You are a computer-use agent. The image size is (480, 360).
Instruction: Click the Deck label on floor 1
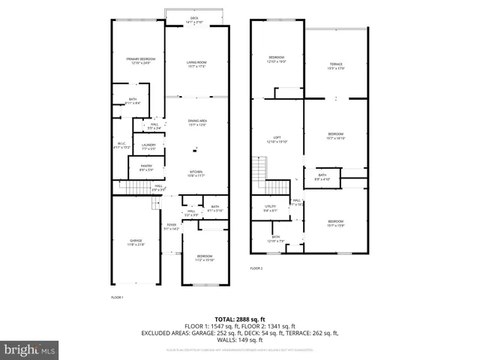tap(194, 19)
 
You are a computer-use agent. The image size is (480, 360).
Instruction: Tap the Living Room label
tap(196, 65)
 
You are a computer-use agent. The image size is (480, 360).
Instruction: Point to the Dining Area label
tap(197, 122)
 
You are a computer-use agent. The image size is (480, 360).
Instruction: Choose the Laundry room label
tap(148, 146)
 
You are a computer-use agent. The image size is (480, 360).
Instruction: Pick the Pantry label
tap(146, 167)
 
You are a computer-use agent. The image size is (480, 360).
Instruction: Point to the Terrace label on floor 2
tap(335, 67)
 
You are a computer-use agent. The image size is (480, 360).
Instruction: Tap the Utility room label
tap(271, 208)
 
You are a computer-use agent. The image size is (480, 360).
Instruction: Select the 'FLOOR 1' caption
tap(116, 298)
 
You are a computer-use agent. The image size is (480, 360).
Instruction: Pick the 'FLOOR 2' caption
tap(256, 268)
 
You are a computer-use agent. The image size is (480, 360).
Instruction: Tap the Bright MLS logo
tap(30, 349)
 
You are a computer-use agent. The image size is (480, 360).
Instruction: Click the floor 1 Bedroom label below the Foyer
tap(205, 259)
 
